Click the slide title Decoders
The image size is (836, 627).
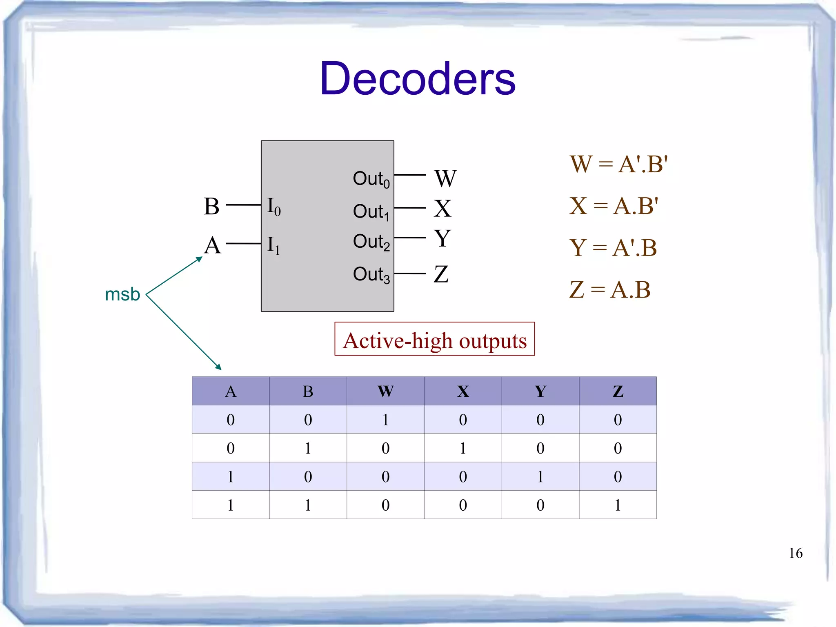click(418, 78)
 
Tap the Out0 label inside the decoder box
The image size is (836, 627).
click(371, 179)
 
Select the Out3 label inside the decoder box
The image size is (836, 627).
click(371, 274)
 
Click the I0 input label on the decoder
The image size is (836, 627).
click(273, 207)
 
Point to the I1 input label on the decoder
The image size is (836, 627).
click(273, 245)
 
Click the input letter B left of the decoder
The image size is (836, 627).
click(211, 206)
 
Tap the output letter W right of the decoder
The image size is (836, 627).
click(445, 178)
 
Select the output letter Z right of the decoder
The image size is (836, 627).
click(441, 274)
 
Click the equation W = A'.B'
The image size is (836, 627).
click(618, 164)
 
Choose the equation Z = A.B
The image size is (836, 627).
click(610, 290)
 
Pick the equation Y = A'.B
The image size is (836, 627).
click(613, 248)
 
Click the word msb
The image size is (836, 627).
click(122, 294)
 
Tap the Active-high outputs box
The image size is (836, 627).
click(435, 339)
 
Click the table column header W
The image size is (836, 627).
click(385, 391)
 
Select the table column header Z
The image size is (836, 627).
click(618, 391)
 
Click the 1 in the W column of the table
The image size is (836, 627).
click(385, 420)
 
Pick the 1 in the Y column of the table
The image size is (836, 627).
click(540, 477)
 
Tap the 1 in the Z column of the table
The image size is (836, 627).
click(618, 505)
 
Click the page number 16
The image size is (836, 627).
click(796, 553)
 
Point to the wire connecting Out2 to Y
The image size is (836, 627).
click(410, 238)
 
